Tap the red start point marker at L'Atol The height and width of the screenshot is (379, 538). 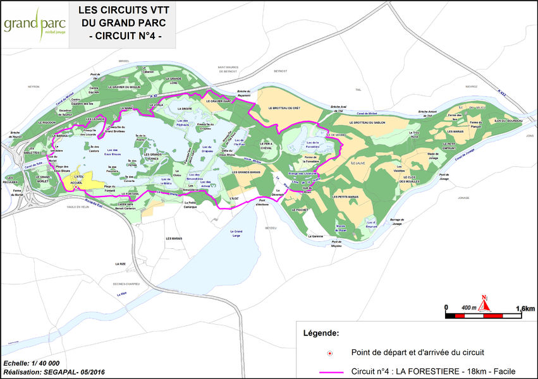click(x=75, y=188)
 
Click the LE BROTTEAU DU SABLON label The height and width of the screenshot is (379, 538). click(x=374, y=123)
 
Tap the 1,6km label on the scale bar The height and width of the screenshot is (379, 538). click(x=525, y=308)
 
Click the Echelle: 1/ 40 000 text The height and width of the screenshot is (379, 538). click(x=32, y=363)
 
